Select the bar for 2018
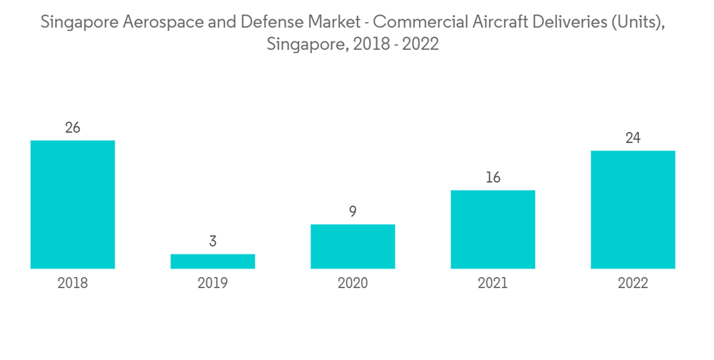coord(73,204)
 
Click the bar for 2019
coord(213,261)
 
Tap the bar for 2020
coord(353,246)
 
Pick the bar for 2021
coord(493,229)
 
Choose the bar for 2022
coord(633,209)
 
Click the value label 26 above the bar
coord(73,129)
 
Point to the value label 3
coord(213,242)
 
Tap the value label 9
coord(353,212)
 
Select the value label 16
coord(493,178)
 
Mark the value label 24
coord(633,139)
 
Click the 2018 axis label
coord(73,284)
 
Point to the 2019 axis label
coord(213,284)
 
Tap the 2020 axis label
coord(353,284)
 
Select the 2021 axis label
coord(493,284)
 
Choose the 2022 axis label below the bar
coord(633,284)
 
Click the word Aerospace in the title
coord(159,24)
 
